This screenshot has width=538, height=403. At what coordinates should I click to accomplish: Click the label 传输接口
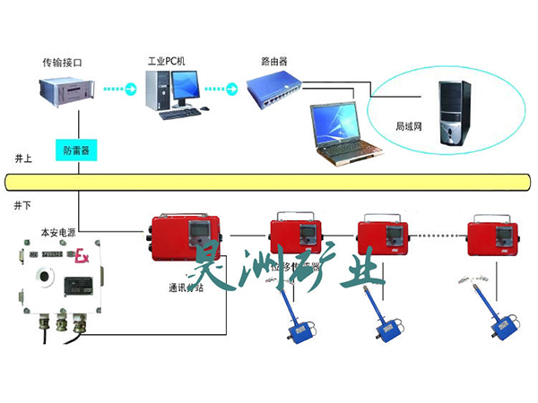(63, 64)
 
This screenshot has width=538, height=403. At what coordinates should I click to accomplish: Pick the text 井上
(22, 158)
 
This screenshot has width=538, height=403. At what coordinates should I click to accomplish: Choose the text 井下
(22, 205)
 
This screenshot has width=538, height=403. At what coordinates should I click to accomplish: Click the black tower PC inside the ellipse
(453, 112)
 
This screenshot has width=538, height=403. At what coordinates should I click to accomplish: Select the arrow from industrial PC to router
(222, 88)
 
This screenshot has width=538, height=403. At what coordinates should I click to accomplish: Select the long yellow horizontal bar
(268, 181)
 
